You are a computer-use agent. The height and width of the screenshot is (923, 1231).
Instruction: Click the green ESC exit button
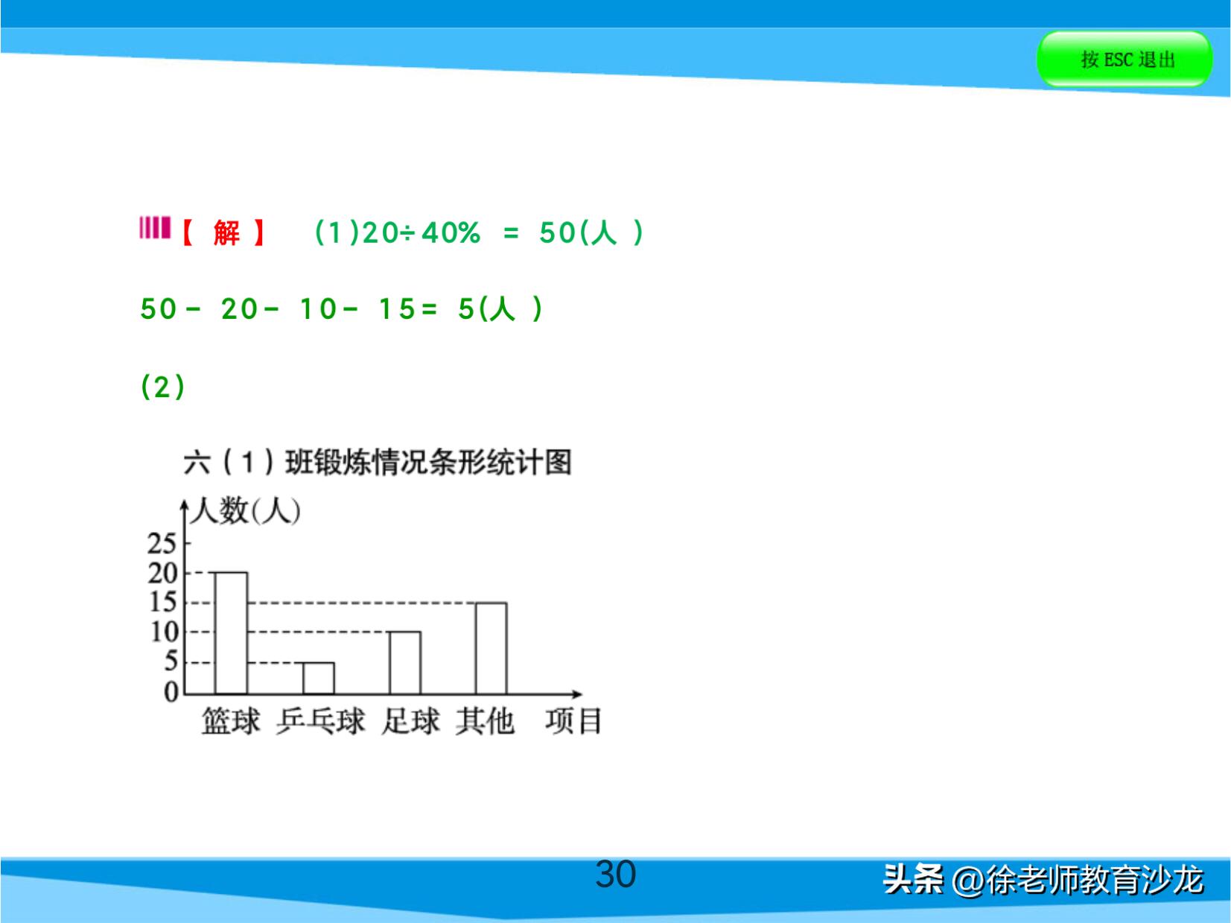point(1124,59)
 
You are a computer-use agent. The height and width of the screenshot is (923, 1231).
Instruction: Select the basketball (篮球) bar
point(231,633)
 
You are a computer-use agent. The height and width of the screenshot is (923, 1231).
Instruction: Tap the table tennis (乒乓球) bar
point(318,678)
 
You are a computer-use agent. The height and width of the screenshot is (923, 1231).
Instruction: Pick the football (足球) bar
point(404,662)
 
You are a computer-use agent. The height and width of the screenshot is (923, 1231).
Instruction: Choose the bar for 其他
point(491,648)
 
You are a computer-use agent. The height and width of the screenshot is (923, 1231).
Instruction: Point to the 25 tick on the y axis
point(162,544)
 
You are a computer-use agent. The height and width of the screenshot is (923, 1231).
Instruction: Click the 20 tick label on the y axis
point(162,573)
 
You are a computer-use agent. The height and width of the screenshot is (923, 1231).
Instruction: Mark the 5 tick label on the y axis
point(171,662)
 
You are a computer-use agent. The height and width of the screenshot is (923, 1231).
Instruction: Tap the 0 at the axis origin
point(171,692)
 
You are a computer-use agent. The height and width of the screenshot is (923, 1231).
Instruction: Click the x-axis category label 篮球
point(231,721)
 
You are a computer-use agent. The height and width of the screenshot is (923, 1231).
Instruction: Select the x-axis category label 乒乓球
point(320,721)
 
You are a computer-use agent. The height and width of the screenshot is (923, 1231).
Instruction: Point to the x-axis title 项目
point(573,721)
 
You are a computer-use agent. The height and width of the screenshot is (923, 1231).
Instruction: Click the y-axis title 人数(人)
point(246,511)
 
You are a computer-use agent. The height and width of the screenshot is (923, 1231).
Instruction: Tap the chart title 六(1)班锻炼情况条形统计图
point(377,462)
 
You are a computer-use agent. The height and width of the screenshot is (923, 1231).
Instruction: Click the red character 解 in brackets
point(226,233)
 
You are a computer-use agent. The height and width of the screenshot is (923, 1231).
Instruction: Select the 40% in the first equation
point(451,233)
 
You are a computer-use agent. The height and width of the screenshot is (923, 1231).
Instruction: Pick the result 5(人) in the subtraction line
point(500,309)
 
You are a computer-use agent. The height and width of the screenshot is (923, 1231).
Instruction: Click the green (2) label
point(162,387)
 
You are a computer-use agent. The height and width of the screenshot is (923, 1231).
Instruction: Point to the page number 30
point(615,874)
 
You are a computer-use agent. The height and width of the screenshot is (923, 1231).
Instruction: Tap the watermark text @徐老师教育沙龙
point(1077,880)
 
